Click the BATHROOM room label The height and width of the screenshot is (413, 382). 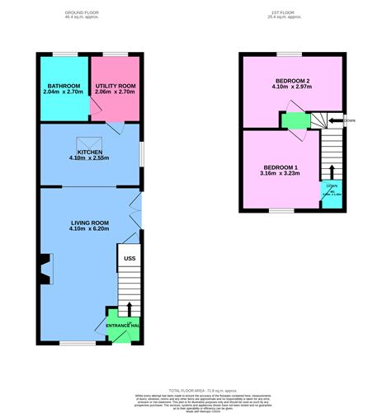[x=63, y=86]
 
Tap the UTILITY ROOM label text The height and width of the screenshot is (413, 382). [x=115, y=86]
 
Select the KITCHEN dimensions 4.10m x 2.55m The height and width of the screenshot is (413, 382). [x=88, y=158]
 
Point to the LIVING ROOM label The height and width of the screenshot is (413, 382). [x=88, y=223]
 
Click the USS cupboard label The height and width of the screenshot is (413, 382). [x=129, y=259]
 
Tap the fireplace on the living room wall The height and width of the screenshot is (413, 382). [x=43, y=269]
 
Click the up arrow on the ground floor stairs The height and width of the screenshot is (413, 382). [x=128, y=310]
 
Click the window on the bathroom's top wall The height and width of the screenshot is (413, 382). [x=64, y=54]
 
